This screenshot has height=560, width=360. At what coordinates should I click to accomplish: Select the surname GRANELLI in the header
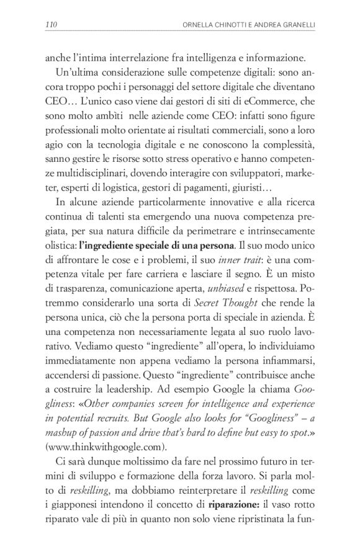point(292,25)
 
